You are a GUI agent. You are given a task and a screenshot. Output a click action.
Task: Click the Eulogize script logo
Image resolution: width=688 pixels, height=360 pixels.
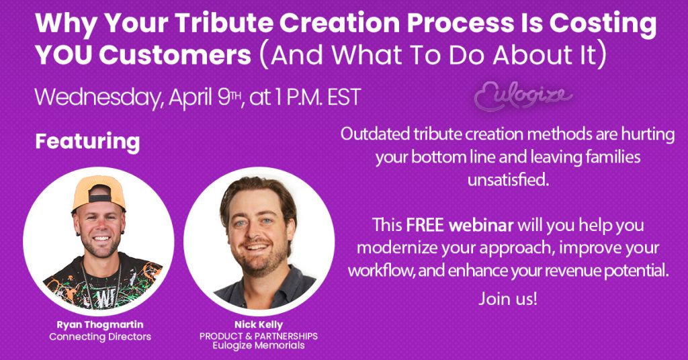[523, 95]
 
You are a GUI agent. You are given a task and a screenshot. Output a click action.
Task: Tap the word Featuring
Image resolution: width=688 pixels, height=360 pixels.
[87, 142]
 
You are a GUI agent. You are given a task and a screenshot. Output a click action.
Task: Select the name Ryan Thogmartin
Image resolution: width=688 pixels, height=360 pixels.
[100, 325]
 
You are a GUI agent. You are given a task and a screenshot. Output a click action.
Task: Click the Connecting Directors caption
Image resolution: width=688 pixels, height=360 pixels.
[100, 336]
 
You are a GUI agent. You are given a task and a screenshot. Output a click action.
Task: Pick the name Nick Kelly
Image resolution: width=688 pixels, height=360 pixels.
[259, 325]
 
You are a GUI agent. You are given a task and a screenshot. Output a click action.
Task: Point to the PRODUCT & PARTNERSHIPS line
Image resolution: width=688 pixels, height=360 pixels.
[259, 336]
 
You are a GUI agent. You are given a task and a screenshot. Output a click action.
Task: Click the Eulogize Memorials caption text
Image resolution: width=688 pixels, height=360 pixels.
[259, 345]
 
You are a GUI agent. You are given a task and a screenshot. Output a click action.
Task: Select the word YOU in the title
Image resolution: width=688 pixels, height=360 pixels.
[64, 55]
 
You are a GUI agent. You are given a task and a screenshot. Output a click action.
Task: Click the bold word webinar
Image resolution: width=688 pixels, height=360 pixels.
[481, 225]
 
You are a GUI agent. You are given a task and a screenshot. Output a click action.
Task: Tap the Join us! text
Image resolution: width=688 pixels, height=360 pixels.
[508, 299]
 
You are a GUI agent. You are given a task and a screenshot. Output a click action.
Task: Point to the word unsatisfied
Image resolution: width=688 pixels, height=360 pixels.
[508, 179]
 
